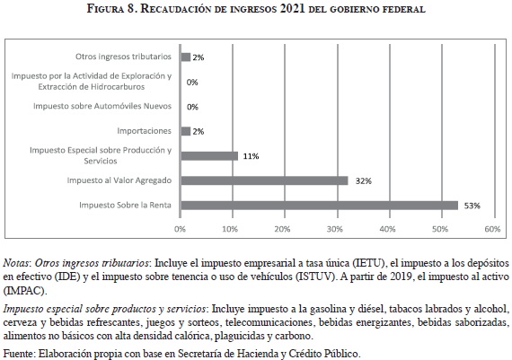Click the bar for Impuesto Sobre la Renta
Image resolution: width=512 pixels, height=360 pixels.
tap(320, 206)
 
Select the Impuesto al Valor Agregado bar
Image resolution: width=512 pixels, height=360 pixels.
tap(264, 180)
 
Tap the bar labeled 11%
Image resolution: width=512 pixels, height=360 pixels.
tap(209, 156)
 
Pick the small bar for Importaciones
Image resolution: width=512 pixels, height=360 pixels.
tap(185, 131)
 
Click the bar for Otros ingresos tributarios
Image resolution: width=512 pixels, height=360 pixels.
tap(185, 57)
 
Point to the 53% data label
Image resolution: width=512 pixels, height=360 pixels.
tap(472, 206)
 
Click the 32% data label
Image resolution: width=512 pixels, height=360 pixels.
tap(364, 181)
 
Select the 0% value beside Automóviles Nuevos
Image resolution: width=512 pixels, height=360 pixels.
tap(192, 107)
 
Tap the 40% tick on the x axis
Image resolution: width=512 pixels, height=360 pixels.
tap(387, 229)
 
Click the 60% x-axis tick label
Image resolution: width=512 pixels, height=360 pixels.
tap(492, 229)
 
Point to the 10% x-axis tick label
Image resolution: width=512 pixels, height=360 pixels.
tap(230, 229)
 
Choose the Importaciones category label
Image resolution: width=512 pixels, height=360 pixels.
tap(144, 131)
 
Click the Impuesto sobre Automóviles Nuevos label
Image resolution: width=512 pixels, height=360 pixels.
tap(102, 106)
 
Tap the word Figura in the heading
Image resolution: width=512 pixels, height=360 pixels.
tap(105, 8)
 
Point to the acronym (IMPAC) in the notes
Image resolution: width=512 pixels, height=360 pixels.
tap(25, 291)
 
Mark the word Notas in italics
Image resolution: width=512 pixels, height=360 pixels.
tap(16, 263)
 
